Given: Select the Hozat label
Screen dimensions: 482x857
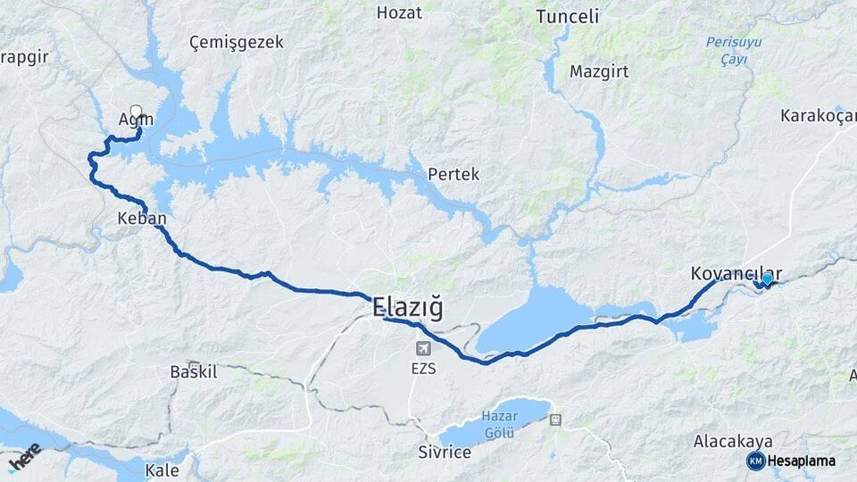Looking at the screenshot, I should point(399,12).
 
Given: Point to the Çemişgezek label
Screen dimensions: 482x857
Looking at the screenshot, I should point(237,42).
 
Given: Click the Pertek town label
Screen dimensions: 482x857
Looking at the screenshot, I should point(453,174).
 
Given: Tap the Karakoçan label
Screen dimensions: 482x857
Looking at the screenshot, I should point(817,115).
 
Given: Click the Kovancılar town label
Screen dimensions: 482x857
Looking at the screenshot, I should point(736,274).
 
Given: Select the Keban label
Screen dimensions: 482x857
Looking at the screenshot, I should point(142,218).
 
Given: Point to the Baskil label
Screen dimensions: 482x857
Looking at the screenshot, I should point(194,371).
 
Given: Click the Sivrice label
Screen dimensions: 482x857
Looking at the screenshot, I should point(445,452).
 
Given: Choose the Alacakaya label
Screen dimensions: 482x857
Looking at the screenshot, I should point(729,441).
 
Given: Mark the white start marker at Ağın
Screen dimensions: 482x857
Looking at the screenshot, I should point(136,112).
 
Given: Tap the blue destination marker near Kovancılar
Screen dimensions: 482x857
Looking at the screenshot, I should point(767,279).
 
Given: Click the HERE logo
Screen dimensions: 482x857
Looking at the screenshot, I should point(24,457).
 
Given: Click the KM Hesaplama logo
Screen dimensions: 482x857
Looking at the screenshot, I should point(792,461).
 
